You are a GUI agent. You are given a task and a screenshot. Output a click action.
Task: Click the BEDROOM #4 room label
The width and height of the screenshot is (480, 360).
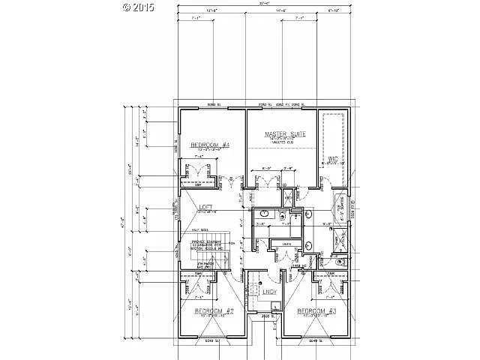click(x=208, y=145)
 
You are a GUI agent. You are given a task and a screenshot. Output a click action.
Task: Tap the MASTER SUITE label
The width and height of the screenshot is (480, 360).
click(x=281, y=134)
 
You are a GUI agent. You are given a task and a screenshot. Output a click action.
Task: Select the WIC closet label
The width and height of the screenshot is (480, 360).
click(x=333, y=158)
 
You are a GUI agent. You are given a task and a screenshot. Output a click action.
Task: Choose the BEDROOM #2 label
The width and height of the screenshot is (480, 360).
click(x=215, y=310)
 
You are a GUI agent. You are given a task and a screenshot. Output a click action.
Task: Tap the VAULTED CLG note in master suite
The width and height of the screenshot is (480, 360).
click(x=281, y=145)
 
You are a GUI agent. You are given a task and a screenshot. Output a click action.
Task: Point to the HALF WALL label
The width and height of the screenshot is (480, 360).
click(x=199, y=230)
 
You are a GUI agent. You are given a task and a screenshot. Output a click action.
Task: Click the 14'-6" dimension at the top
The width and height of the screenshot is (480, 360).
click(x=282, y=11)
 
